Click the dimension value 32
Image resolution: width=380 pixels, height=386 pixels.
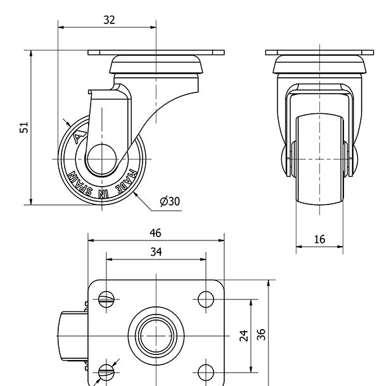tap(109, 20)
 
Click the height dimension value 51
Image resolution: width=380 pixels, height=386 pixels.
tap(24, 127)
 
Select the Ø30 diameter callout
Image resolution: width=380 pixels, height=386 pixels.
tap(170, 201)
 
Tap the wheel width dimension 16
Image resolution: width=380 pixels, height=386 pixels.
tap(319, 239)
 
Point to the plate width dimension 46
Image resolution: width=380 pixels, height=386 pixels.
tap(155, 233)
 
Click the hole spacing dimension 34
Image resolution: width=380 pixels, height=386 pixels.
tap(156, 252)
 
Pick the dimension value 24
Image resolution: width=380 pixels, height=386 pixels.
tap(243, 335)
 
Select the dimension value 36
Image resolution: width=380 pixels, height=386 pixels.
tap(261, 333)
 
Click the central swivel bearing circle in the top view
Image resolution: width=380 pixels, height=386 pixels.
tap(156, 335)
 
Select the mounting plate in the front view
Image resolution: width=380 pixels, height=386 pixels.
tap(320, 53)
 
